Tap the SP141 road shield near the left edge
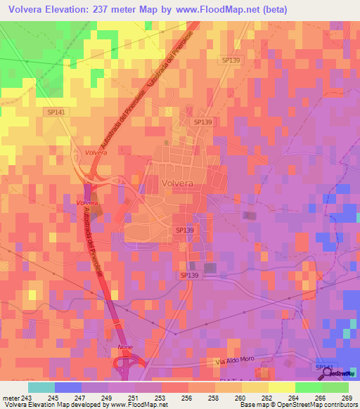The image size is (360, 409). click(x=54, y=112)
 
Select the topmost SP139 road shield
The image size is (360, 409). click(x=229, y=61)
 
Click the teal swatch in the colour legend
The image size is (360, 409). click(x=41, y=387)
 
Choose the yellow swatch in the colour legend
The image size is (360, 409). click(x=281, y=387)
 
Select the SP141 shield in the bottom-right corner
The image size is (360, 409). click(x=324, y=368)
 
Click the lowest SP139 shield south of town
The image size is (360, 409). click(x=189, y=276)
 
